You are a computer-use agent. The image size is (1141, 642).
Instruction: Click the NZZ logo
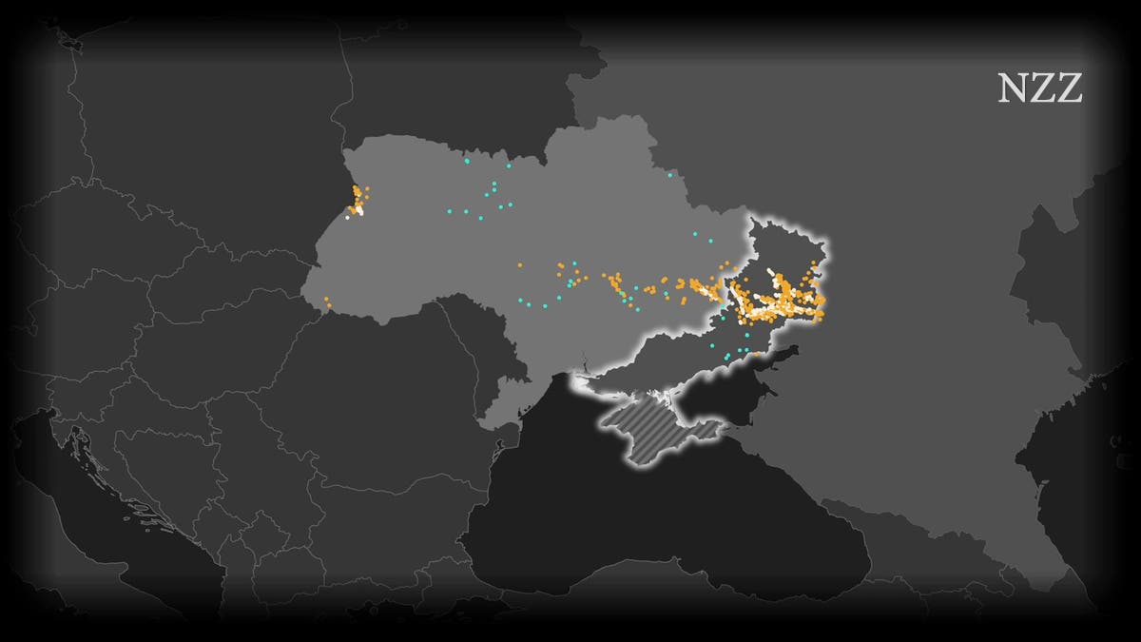point(1040,88)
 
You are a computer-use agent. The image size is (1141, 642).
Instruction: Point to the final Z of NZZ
point(1070,88)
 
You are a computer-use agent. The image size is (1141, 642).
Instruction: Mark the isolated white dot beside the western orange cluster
point(348,217)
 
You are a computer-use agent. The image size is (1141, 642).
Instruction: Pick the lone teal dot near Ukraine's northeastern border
point(669,175)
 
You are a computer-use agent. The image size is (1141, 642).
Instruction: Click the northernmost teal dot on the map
point(467,161)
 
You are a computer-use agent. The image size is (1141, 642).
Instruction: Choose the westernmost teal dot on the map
point(448,213)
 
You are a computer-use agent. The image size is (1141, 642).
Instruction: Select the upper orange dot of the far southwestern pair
point(325,300)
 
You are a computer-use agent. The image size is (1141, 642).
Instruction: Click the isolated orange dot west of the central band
point(519,265)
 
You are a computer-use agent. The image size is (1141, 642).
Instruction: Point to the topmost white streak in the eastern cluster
point(770,272)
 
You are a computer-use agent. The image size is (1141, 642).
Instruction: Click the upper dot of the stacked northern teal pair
point(494,184)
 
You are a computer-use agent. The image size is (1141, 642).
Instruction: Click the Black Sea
point(666,533)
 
